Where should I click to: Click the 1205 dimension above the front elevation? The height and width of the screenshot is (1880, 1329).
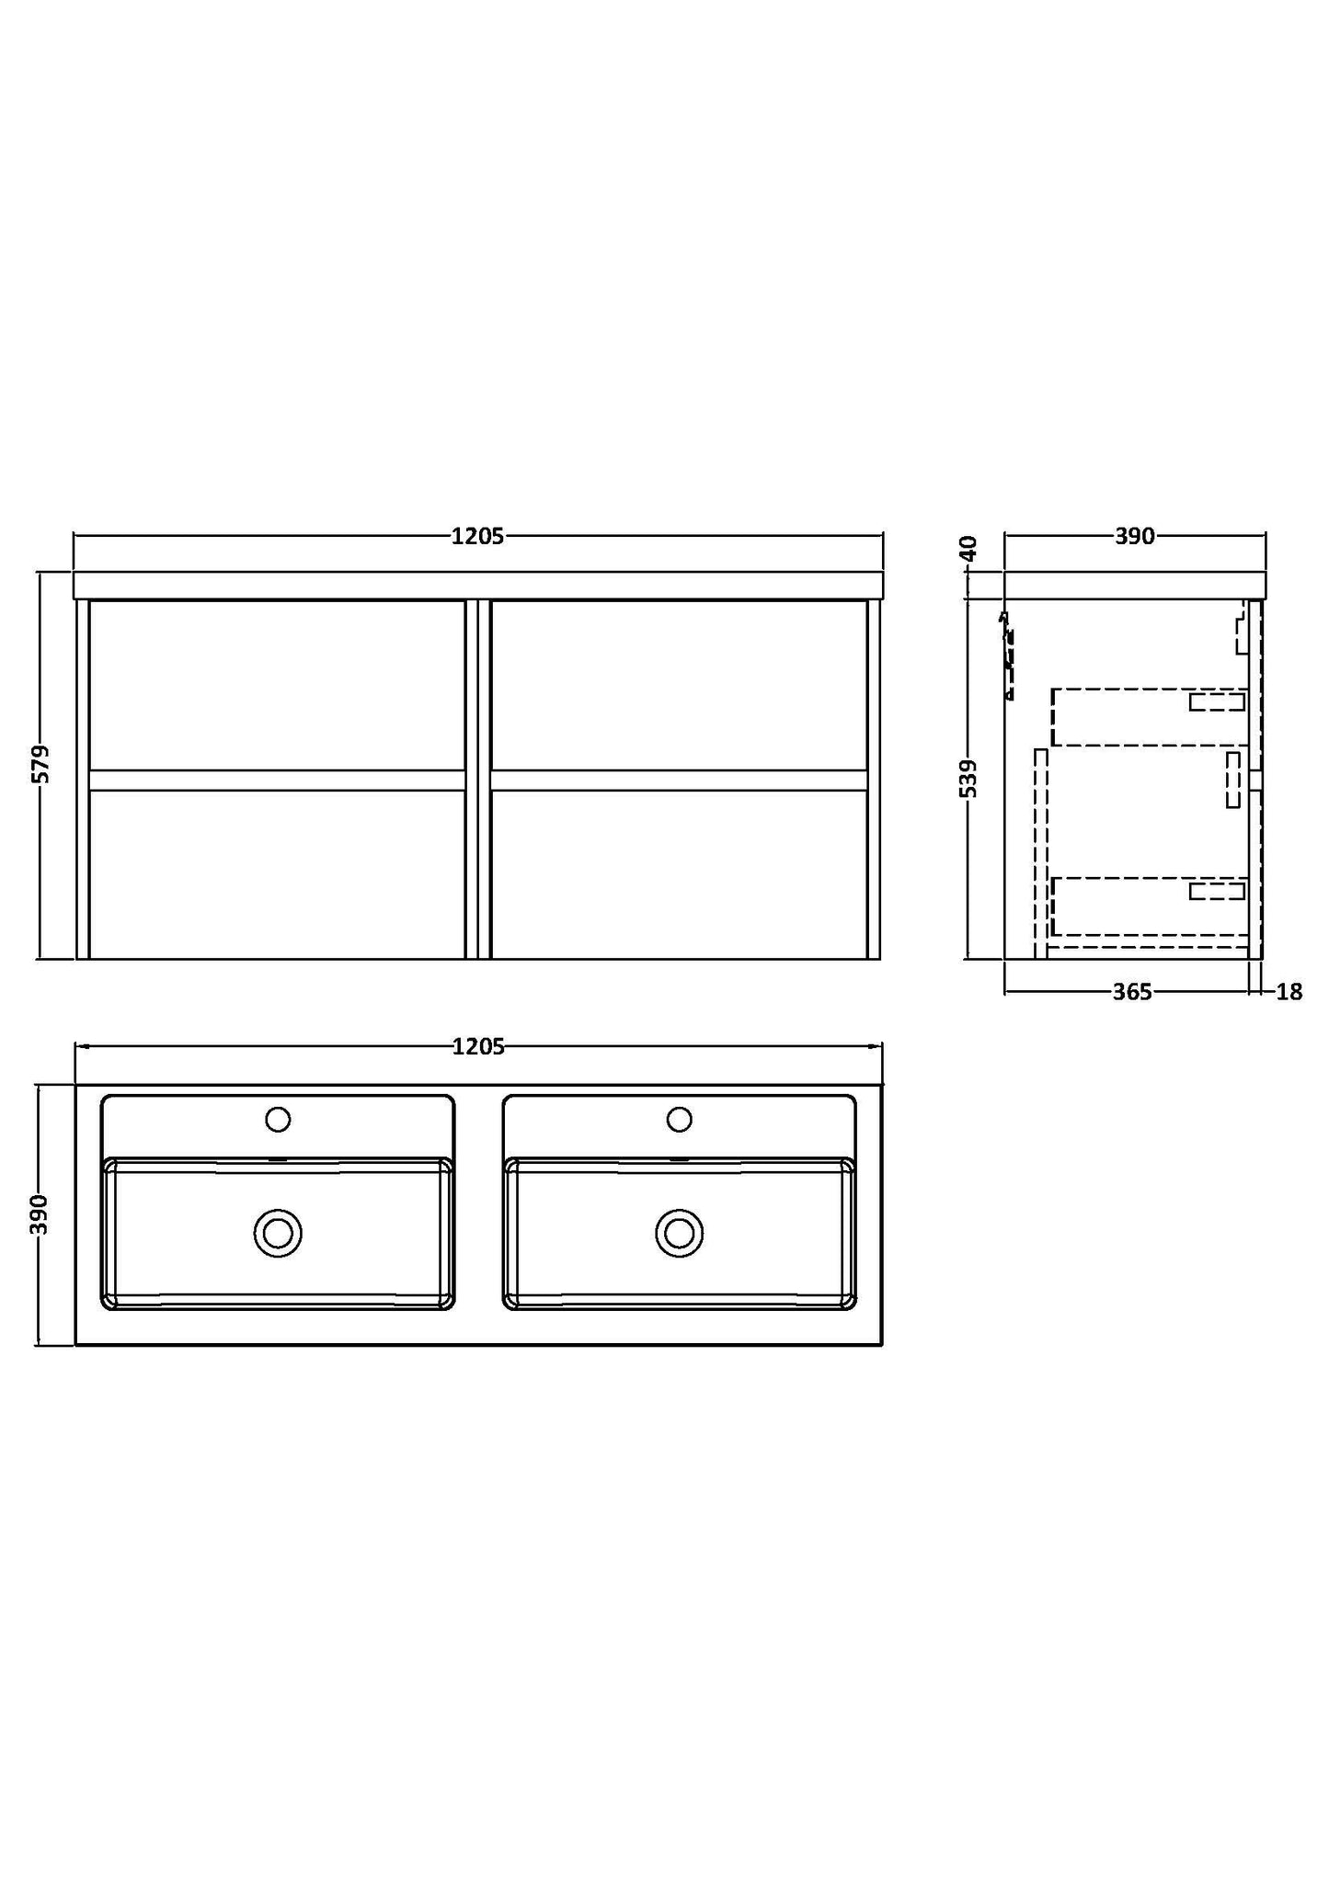(x=477, y=537)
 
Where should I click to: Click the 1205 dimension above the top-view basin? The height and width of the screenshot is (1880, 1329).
(x=478, y=1046)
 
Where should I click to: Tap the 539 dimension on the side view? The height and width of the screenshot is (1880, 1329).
(x=969, y=778)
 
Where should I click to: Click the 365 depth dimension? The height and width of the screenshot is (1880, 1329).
(x=1132, y=992)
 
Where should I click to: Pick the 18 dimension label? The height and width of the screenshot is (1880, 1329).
(x=1289, y=992)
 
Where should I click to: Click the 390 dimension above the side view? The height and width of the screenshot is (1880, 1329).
(x=1135, y=537)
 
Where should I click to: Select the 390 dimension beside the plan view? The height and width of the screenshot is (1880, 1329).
(x=40, y=1214)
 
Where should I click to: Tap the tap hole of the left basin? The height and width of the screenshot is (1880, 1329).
(x=278, y=1120)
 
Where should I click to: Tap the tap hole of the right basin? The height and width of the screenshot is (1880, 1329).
(x=680, y=1120)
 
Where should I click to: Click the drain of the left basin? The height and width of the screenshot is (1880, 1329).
(x=278, y=1233)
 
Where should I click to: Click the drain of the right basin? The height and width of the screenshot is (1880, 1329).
(x=680, y=1233)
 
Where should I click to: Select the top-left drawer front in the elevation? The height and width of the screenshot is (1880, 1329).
(x=277, y=685)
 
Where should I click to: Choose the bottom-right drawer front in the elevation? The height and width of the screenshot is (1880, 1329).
(x=679, y=874)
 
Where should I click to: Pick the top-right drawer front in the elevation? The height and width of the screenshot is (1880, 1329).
(x=679, y=685)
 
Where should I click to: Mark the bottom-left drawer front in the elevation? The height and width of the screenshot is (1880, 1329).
(x=277, y=874)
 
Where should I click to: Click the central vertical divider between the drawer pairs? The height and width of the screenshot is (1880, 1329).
(x=478, y=780)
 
